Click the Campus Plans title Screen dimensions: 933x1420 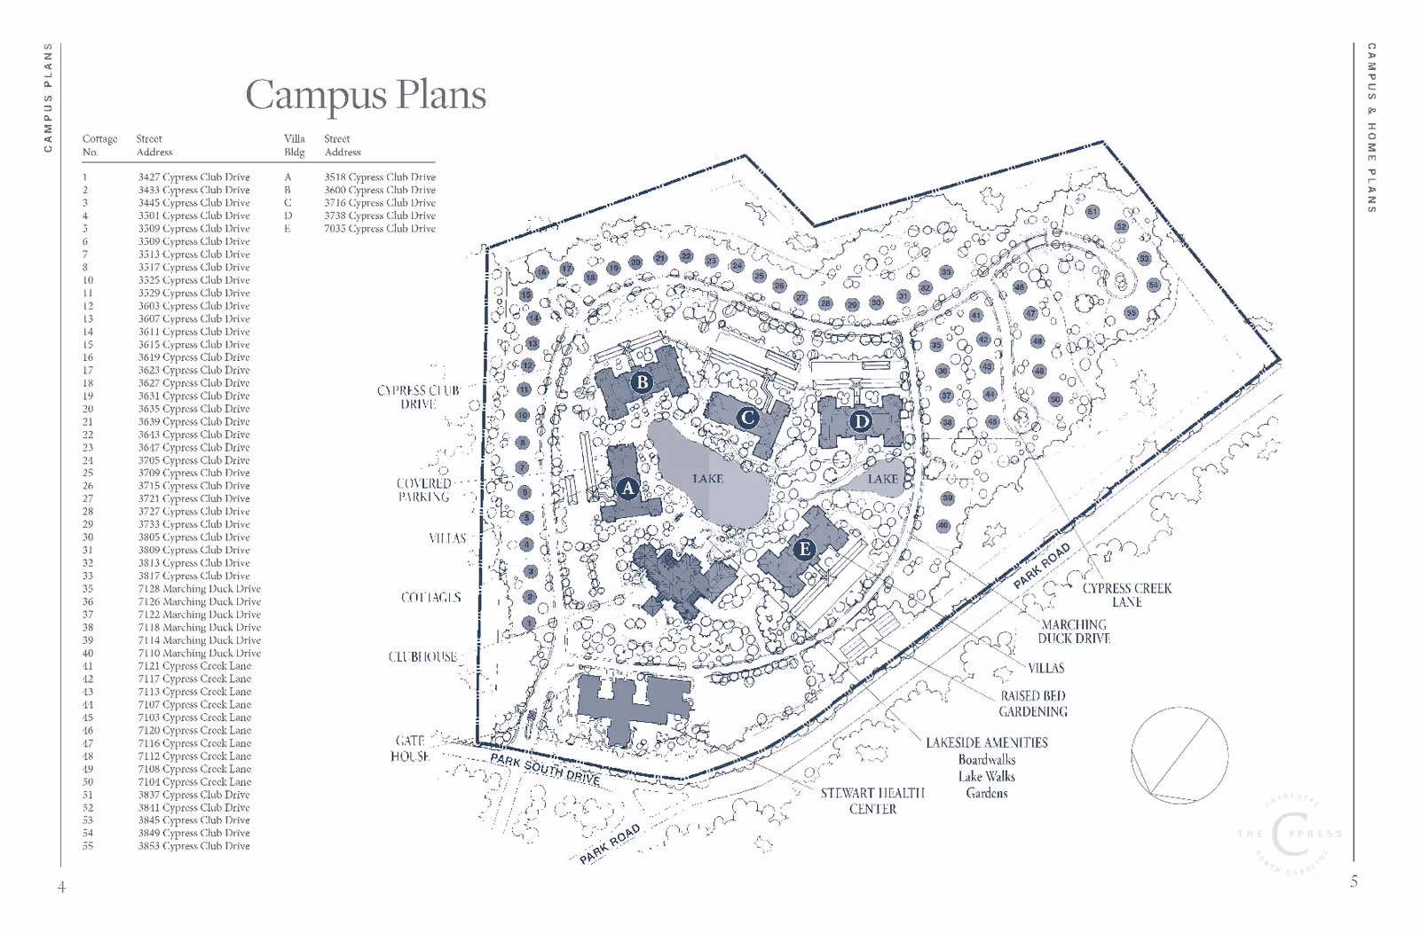click(366, 95)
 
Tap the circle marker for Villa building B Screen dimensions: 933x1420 click(642, 383)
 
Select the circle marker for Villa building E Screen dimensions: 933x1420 click(805, 549)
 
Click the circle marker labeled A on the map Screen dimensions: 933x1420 click(628, 488)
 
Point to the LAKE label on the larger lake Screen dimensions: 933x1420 click(707, 479)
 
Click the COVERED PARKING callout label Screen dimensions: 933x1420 click(424, 490)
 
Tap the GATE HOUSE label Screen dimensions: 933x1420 click(410, 749)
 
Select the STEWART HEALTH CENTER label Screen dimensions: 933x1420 click(872, 801)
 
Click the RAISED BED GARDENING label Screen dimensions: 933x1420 click(1033, 704)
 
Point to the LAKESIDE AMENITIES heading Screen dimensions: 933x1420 click(987, 743)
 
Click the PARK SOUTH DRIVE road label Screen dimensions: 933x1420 click(546, 769)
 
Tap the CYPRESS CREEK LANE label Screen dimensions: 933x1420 click(1127, 595)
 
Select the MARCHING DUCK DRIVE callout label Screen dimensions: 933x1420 click(1074, 631)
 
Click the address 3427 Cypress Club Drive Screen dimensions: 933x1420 click(193, 177)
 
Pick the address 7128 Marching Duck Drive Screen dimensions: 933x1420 click(199, 589)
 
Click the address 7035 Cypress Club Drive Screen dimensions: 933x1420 click(380, 229)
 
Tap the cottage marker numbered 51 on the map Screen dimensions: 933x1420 click(1093, 212)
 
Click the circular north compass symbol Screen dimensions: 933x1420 click(1179, 756)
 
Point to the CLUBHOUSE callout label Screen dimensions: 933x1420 click(422, 657)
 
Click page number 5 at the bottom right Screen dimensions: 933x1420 click(1353, 882)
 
